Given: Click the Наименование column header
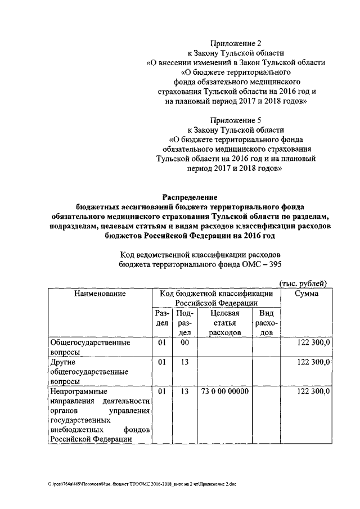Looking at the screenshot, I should coord(100,294).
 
